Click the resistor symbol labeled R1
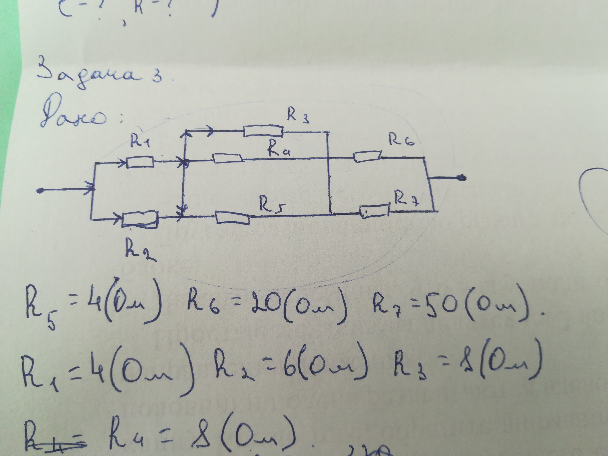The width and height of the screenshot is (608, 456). click(140, 162)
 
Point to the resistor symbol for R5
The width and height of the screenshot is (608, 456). click(233, 217)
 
